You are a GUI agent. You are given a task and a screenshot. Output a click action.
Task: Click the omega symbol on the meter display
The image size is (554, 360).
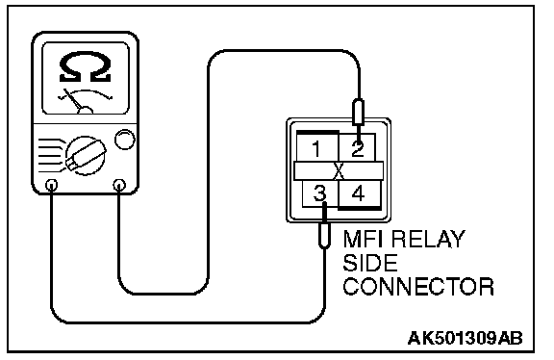(x=86, y=66)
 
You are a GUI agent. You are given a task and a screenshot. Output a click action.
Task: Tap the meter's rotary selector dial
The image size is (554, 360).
(x=86, y=155)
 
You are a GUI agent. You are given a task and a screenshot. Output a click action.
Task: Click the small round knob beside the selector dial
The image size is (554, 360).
(x=125, y=139)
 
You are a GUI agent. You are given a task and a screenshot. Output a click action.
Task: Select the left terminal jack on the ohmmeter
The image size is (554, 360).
(x=52, y=185)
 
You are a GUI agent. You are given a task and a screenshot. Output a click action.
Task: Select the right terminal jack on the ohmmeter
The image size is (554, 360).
(x=119, y=185)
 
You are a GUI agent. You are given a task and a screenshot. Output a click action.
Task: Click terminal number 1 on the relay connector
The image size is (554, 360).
(x=316, y=148)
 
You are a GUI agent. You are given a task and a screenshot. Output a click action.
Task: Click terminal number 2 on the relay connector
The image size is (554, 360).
(x=358, y=148)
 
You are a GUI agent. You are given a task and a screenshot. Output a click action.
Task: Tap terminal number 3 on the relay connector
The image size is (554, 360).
(x=319, y=193)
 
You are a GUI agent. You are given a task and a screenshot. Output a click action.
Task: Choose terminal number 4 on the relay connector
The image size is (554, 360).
(x=358, y=193)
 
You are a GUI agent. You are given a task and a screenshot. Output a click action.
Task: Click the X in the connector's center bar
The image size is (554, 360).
(x=339, y=171)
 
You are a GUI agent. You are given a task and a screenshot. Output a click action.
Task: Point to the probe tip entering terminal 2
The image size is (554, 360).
(x=358, y=134)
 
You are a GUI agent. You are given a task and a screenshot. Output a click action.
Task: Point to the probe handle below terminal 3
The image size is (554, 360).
(x=324, y=235)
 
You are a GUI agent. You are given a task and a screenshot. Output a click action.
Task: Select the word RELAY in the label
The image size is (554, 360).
(x=429, y=239)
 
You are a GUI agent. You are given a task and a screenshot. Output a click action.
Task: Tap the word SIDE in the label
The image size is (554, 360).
(x=370, y=263)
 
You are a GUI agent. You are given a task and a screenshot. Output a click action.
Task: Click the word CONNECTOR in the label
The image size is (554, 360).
(x=418, y=287)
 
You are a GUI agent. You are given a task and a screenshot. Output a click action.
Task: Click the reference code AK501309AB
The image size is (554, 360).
(x=465, y=338)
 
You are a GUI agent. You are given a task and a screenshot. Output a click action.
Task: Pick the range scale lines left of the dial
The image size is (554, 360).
(x=51, y=156)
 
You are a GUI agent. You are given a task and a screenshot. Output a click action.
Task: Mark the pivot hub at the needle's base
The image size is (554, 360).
(x=86, y=111)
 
